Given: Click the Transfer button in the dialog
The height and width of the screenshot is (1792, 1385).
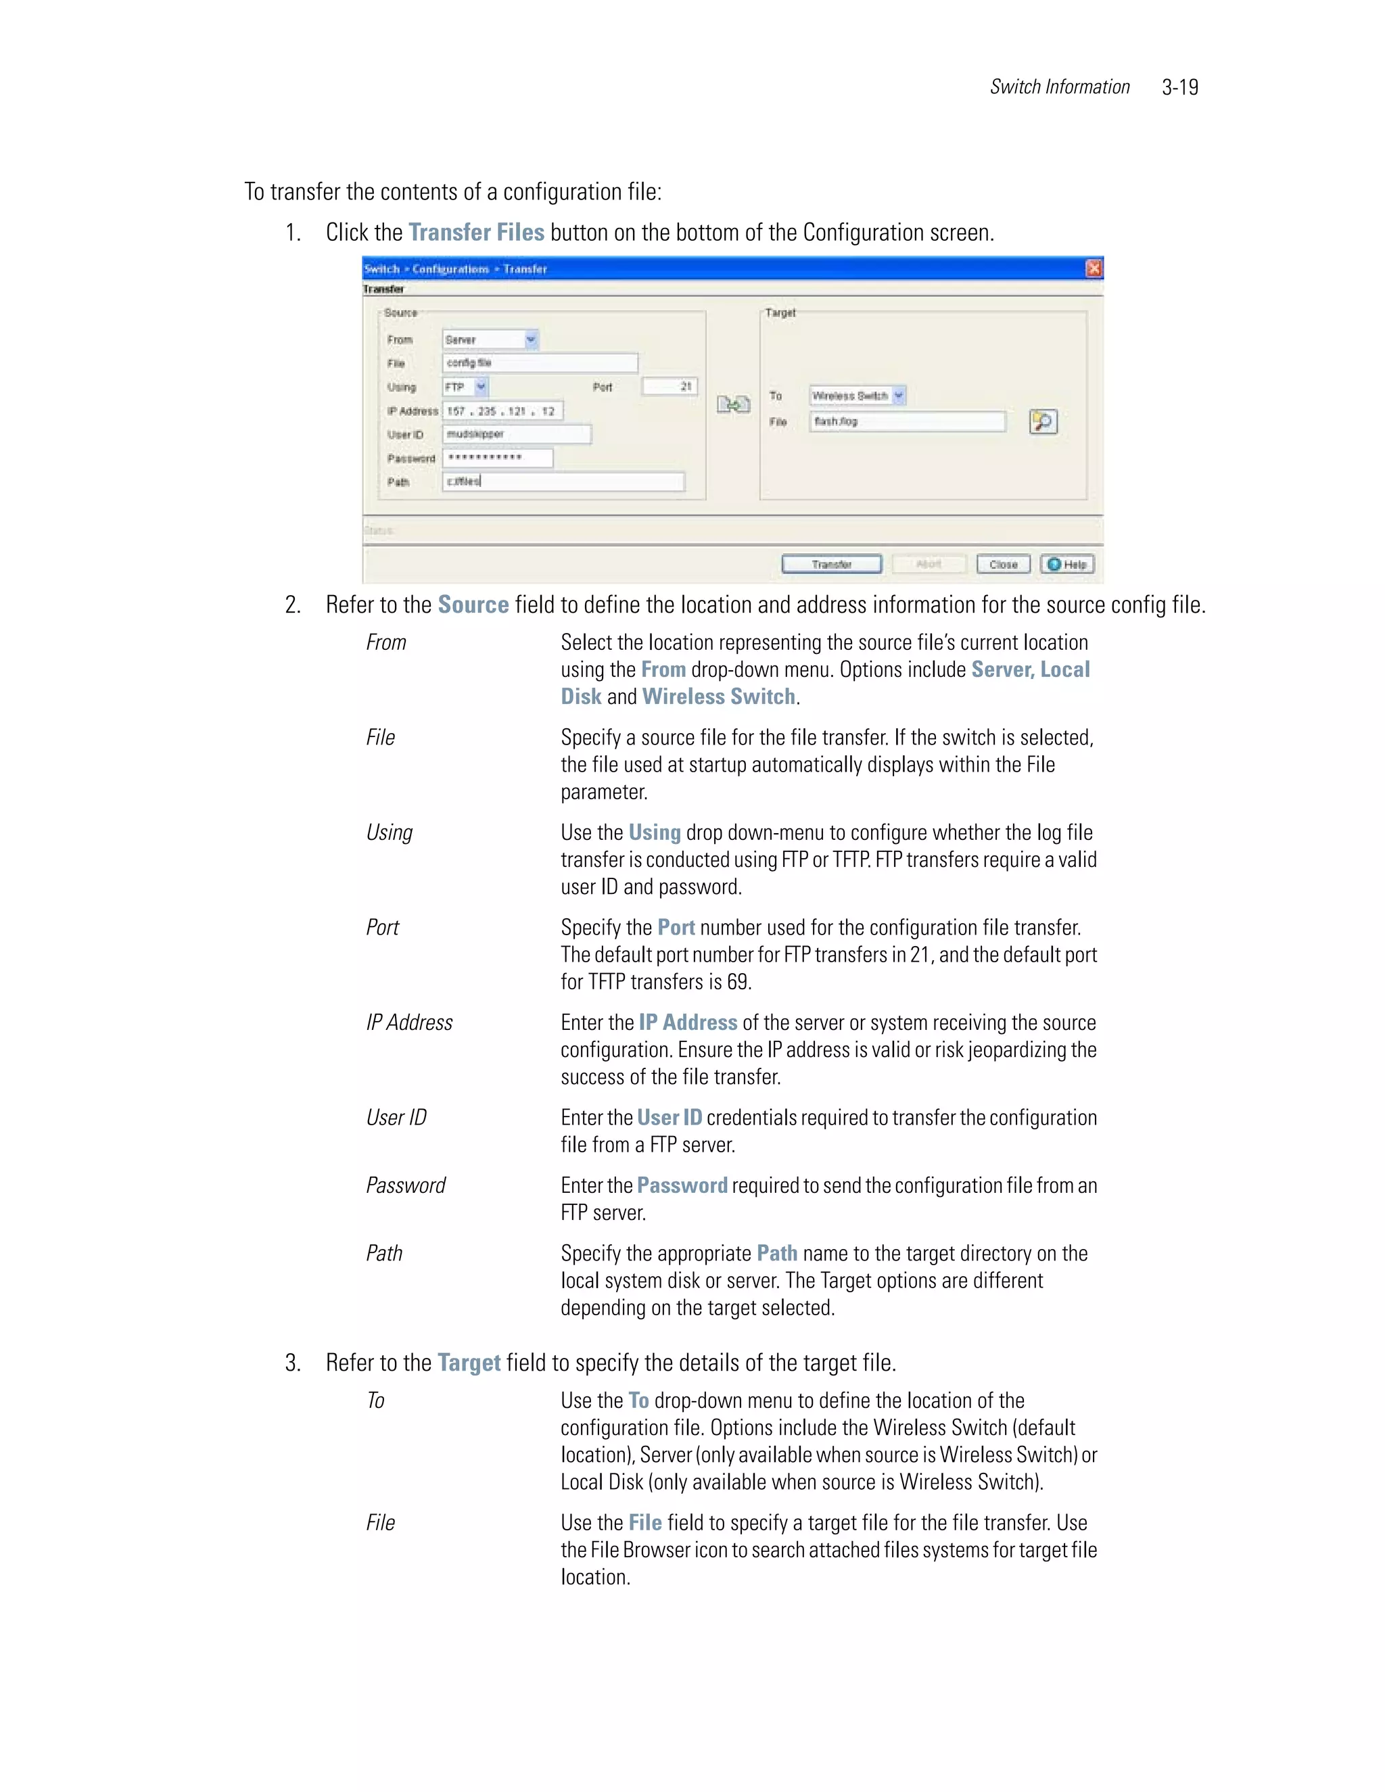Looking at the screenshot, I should [x=831, y=565].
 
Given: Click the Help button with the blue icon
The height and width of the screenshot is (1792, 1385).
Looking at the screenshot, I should [x=1067, y=565].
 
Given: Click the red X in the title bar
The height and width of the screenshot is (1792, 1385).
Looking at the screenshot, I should [x=1093, y=268].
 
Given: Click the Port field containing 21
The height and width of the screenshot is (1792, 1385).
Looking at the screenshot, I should [x=670, y=386].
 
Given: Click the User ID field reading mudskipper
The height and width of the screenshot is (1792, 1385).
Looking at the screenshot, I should [x=516, y=434].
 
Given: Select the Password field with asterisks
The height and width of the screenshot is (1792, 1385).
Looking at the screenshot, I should [x=497, y=458].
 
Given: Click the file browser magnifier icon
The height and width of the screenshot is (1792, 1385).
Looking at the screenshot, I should [x=1043, y=422].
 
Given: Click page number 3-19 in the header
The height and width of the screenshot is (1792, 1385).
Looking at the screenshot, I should [x=1180, y=87].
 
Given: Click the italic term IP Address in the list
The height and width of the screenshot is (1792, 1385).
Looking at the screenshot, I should [x=408, y=1022].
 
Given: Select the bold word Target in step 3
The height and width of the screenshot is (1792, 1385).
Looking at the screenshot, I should [x=469, y=1363].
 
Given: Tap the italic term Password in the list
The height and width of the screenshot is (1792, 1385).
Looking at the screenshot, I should [x=405, y=1185].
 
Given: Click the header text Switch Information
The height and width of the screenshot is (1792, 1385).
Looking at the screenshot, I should [x=1059, y=87].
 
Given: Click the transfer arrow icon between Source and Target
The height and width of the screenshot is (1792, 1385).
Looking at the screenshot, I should [x=732, y=404].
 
